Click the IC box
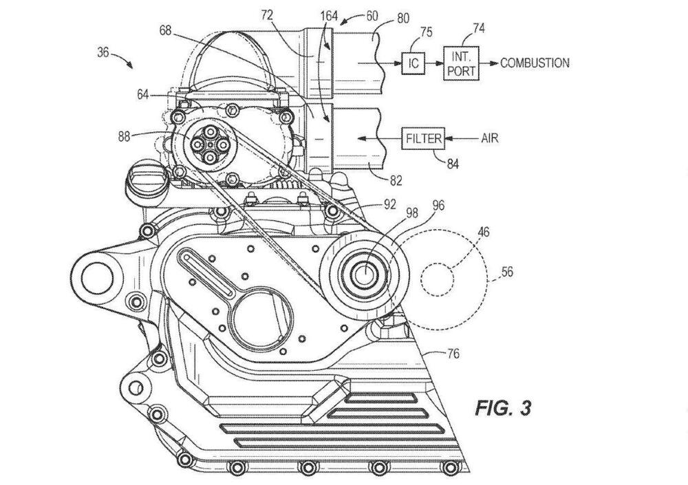click(413, 63)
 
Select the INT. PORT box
click(461, 63)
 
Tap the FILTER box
click(423, 139)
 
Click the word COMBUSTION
click(535, 63)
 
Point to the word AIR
click(490, 139)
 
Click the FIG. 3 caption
click(503, 408)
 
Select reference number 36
click(103, 52)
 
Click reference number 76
click(453, 354)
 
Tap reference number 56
click(507, 272)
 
